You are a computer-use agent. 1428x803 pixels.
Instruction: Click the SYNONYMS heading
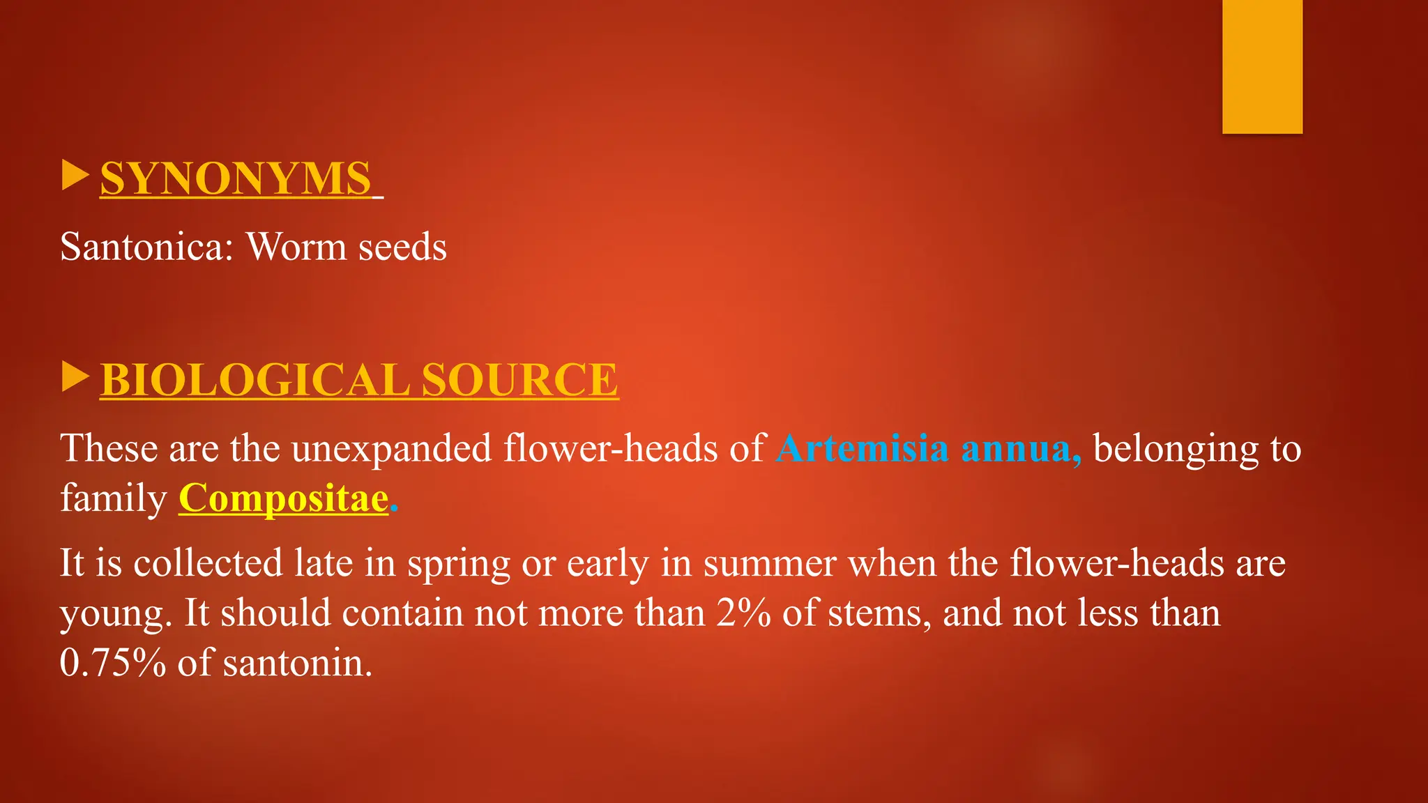click(236, 178)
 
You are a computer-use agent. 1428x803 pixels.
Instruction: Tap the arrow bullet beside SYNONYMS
click(75, 175)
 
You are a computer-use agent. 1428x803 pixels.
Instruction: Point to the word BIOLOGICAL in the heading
click(255, 380)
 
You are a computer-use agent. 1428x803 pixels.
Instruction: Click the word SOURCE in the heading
click(519, 380)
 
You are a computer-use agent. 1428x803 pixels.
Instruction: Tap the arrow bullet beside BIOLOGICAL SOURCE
click(75, 377)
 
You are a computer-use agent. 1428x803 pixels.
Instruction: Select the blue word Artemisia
click(863, 448)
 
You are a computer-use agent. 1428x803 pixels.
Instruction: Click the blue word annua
click(1021, 448)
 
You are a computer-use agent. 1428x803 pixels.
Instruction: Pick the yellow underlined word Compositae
click(283, 498)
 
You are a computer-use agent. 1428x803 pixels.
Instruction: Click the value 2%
click(743, 613)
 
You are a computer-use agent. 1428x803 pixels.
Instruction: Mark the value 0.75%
click(113, 662)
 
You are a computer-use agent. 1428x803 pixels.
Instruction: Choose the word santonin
click(298, 662)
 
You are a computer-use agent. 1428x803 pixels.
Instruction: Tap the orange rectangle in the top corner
click(1262, 66)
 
